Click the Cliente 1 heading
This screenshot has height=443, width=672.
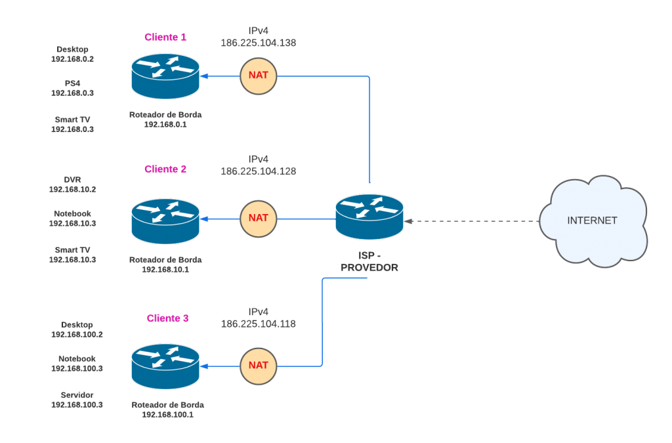pos(165,37)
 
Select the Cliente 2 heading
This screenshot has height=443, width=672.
pos(165,169)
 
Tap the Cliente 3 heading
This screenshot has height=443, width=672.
pos(168,318)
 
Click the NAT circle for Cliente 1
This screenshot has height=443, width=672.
pos(259,75)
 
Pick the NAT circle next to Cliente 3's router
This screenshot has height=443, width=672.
pos(259,365)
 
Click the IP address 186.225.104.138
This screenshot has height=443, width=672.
pos(259,43)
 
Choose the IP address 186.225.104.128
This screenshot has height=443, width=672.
pos(259,171)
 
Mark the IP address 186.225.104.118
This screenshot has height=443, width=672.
pos(259,324)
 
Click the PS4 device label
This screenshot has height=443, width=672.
pos(73,83)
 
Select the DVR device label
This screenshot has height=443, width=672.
pos(73,179)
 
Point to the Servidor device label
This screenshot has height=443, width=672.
pos(77,395)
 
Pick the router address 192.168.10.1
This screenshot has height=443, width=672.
pos(165,270)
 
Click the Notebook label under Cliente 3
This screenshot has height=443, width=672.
pos(77,359)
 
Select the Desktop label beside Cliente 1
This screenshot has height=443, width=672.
pos(73,49)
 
